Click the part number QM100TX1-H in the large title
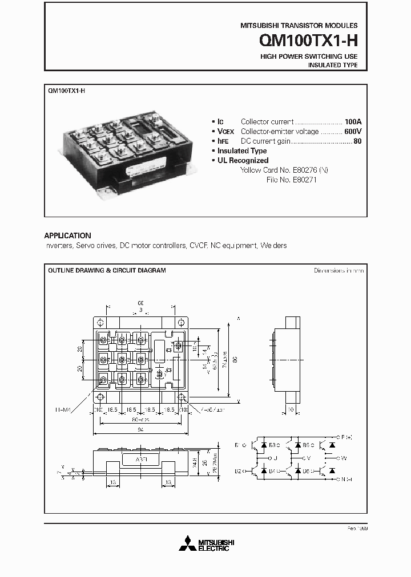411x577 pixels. tap(308, 41)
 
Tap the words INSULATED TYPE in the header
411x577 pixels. tap(333, 66)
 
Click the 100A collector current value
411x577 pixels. tap(353, 121)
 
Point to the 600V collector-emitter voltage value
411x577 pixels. tap(353, 131)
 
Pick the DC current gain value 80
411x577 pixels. tap(357, 141)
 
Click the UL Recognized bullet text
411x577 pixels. tap(243, 161)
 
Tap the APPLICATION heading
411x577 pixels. tap(67, 235)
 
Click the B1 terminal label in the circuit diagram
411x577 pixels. tap(237, 445)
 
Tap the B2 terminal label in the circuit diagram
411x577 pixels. tap(237, 472)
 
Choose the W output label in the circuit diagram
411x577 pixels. tap(342, 457)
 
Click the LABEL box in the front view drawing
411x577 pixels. tap(140, 460)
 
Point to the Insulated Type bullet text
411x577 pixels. tap(242, 151)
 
